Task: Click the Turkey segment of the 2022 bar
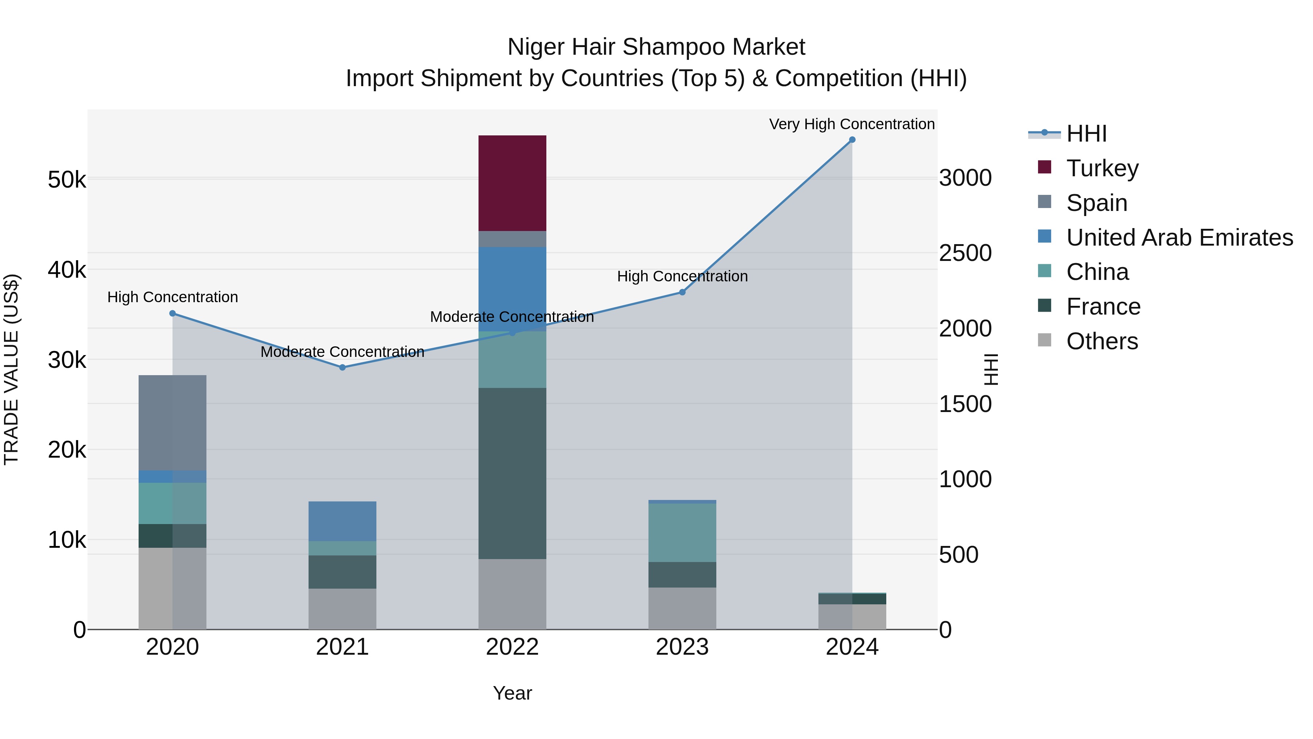pos(512,183)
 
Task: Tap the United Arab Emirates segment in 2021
pos(342,521)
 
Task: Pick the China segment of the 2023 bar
pos(682,532)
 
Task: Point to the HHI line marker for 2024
pos(852,140)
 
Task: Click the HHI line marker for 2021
pos(342,367)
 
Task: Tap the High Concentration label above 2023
pos(682,276)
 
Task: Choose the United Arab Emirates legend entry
pos(1180,237)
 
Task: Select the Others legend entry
pos(1102,341)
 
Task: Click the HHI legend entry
pos(1086,134)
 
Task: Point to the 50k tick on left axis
pos(67,180)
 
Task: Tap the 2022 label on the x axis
pos(512,647)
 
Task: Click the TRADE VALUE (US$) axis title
pos(11,369)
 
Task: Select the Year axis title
pos(512,693)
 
